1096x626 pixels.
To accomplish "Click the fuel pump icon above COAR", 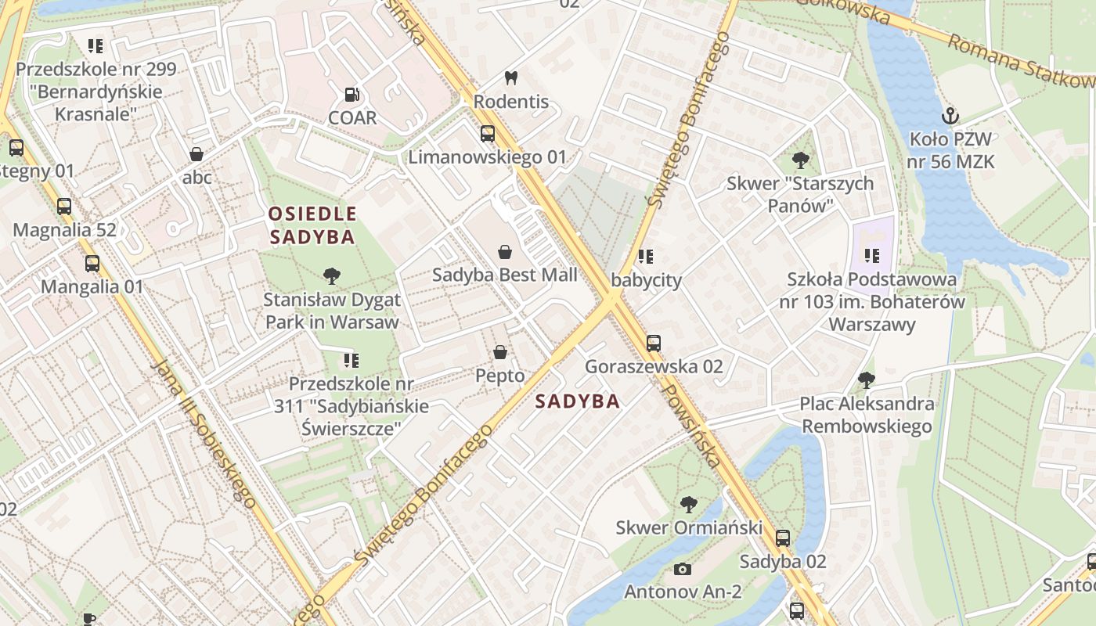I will (352, 95).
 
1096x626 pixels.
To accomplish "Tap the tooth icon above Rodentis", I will (511, 77).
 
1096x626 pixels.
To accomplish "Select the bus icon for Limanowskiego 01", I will (488, 133).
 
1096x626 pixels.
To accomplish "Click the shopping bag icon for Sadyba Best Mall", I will (505, 252).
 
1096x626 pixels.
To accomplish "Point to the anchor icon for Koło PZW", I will (950, 116).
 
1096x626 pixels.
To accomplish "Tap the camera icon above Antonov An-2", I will (683, 569).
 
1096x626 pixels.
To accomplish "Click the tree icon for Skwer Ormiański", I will (689, 504).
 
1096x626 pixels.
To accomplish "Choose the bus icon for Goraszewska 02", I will (654, 343).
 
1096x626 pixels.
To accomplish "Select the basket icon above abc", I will (196, 154).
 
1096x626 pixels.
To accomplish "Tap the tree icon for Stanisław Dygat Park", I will (332, 275).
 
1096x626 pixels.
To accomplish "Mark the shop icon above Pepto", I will (500, 352).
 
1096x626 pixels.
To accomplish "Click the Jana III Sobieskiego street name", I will (203, 434).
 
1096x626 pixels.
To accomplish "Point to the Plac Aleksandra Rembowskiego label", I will (867, 415).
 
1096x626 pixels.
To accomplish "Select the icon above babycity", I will (646, 256).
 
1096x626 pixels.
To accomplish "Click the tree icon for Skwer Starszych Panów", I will (800, 160).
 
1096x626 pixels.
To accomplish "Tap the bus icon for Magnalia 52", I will (64, 207).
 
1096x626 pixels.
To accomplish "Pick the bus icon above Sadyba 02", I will (783, 538).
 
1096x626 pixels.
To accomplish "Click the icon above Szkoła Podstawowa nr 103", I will (872, 255).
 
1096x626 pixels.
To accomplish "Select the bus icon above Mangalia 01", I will (92, 263).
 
